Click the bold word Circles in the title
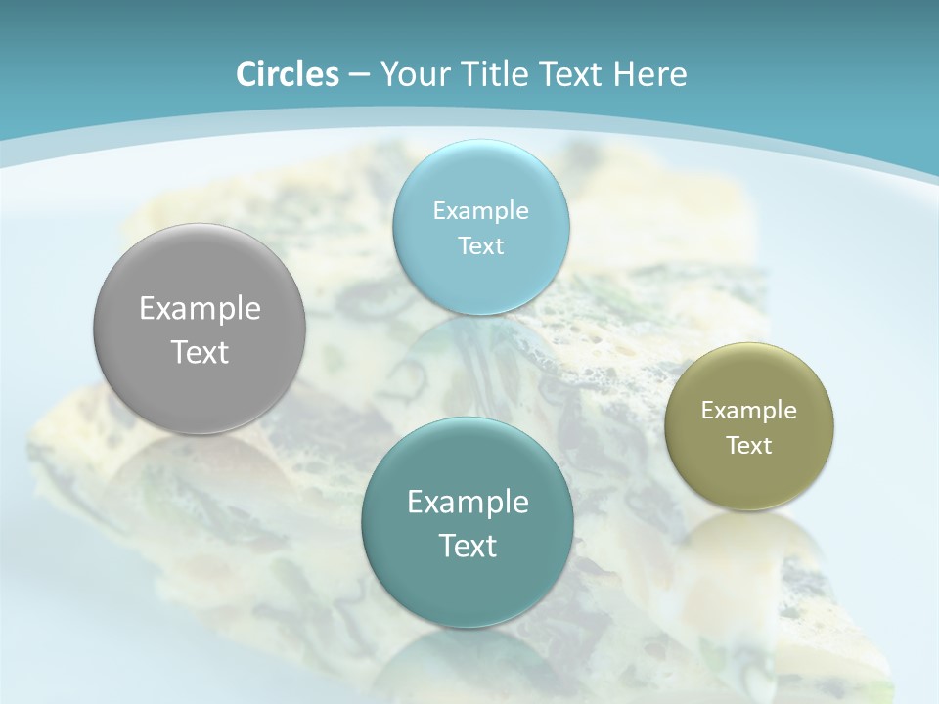287,74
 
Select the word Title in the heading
494,74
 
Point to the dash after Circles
358,75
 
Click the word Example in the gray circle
200,309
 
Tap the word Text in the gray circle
200,353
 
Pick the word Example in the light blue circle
480,211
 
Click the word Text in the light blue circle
480,246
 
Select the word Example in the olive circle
749,411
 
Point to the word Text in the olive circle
749,446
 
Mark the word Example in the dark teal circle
468,503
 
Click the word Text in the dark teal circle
468,547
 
